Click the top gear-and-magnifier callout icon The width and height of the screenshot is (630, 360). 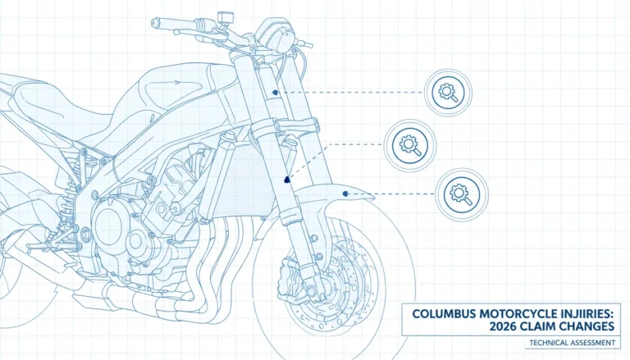[x=448, y=93]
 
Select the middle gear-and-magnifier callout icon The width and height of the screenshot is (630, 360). [x=410, y=145]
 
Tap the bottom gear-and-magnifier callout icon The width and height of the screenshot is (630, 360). [x=462, y=194]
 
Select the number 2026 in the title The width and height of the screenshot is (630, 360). [x=503, y=326]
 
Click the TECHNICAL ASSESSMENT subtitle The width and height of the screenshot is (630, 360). [x=572, y=343]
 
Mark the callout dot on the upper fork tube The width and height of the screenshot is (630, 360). [x=276, y=93]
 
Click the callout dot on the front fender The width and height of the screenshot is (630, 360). [x=345, y=194]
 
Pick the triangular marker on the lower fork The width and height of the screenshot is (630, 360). [x=286, y=180]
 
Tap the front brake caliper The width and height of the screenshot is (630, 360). [x=290, y=276]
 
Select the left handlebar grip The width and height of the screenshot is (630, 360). [x=165, y=24]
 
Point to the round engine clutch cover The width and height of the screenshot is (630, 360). [x=107, y=227]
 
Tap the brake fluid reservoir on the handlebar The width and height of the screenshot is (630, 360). [x=226, y=18]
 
